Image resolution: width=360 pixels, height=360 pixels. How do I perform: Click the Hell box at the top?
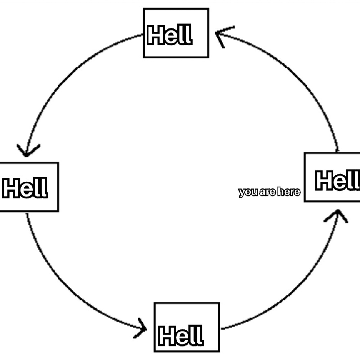(176, 33)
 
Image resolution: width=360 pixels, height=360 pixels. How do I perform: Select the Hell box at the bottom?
(187, 327)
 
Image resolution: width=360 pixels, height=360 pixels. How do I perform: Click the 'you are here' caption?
(269, 192)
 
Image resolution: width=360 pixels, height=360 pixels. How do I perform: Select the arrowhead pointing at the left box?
(27, 151)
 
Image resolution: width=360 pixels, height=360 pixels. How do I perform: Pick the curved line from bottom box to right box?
(296, 292)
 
